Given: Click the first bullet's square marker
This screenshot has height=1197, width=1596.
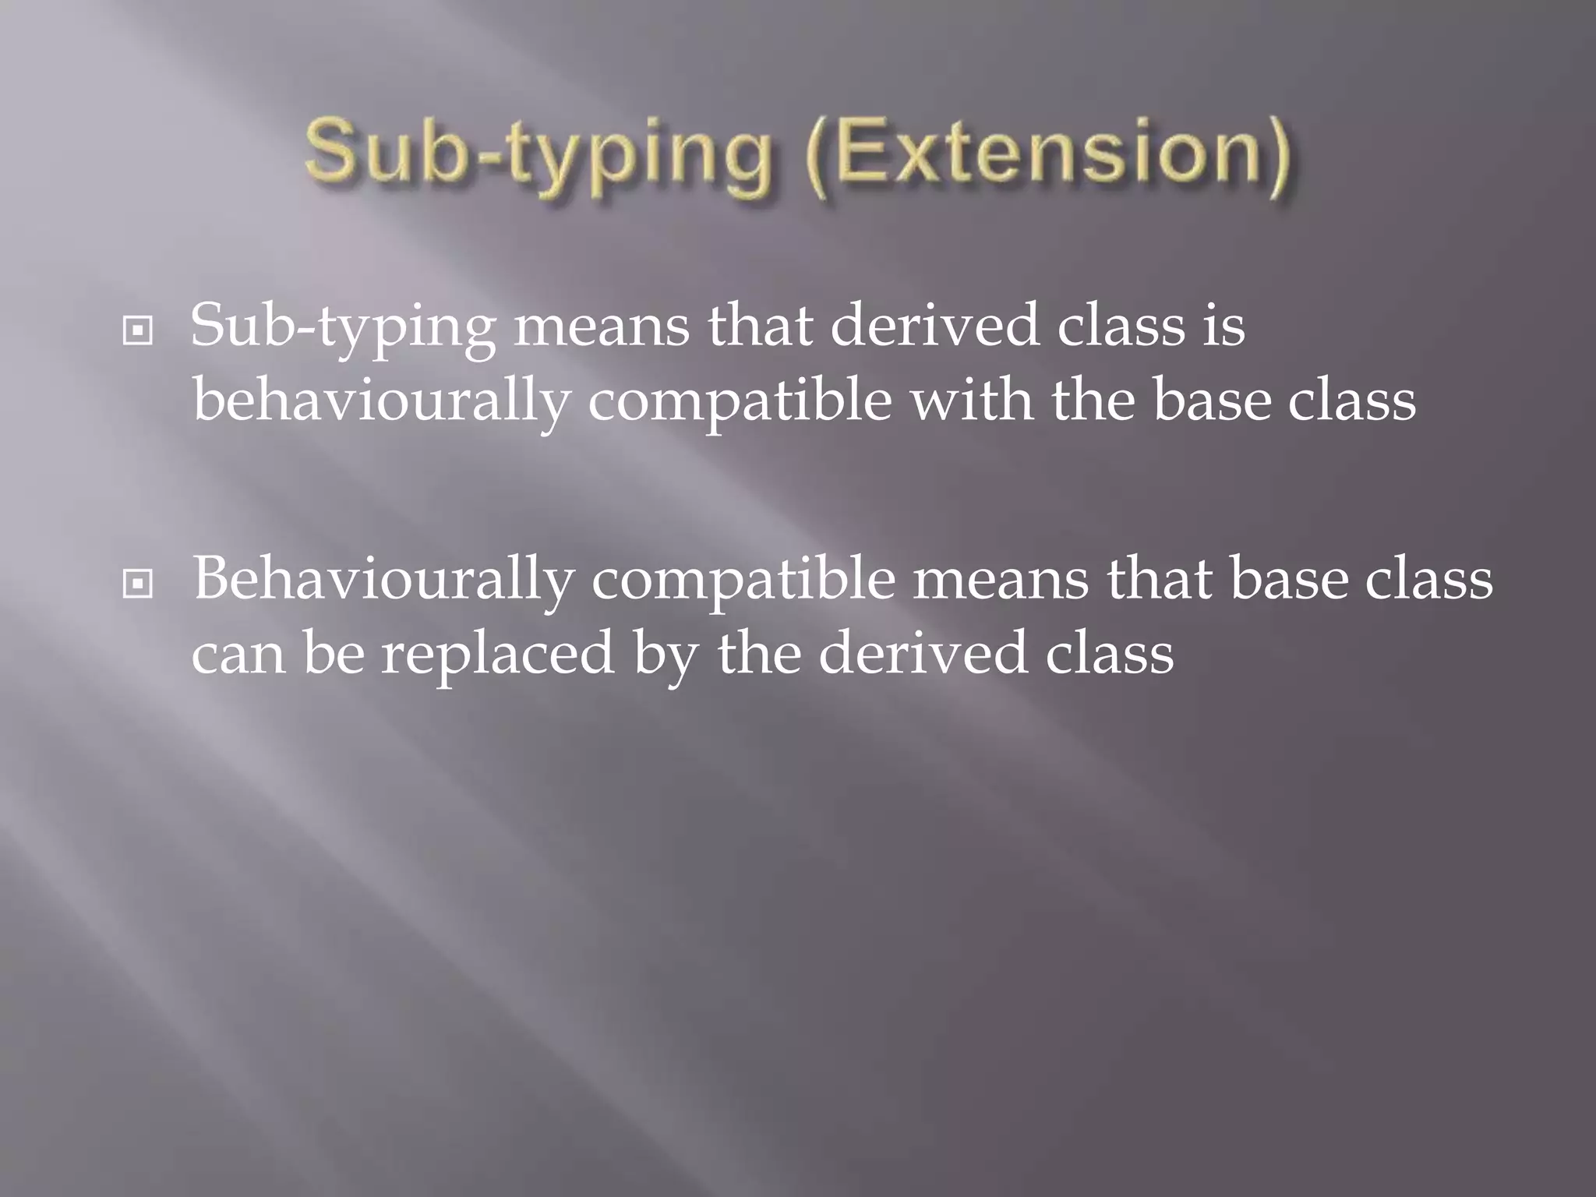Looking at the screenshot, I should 138,331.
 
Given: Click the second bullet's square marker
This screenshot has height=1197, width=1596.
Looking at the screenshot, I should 138,584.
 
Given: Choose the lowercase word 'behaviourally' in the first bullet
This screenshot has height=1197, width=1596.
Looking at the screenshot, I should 380,402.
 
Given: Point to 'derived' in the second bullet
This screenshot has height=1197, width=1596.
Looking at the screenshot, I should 922,653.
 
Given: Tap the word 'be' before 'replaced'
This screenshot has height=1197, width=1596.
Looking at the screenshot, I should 334,653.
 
